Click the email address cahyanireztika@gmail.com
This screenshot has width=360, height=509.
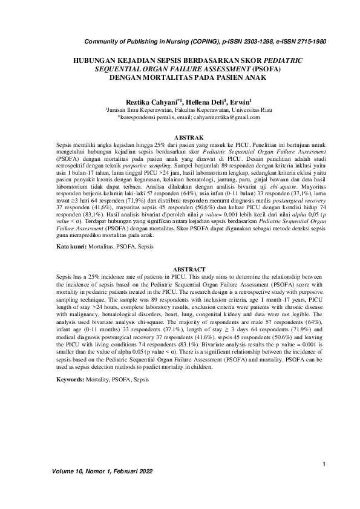220,118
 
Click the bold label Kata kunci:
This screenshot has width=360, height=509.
71,247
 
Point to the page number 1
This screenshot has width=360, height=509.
325,464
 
